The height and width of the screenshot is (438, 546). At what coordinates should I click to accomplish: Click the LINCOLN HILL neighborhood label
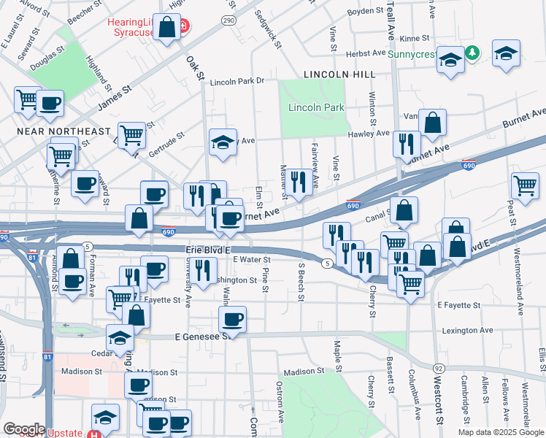pyautogui.click(x=339, y=74)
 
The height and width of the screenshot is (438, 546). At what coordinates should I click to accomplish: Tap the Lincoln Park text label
pyautogui.click(x=316, y=108)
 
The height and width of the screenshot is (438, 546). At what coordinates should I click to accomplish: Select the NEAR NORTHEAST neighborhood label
pyautogui.click(x=55, y=131)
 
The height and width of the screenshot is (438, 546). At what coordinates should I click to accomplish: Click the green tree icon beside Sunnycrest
pyautogui.click(x=473, y=53)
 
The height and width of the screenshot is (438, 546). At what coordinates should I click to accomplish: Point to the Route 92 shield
pyautogui.click(x=439, y=368)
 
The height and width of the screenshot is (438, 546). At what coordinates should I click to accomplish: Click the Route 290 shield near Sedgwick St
pyautogui.click(x=229, y=21)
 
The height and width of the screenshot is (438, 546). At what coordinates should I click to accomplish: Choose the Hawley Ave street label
pyautogui.click(x=369, y=134)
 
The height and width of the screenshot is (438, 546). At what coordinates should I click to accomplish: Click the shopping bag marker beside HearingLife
pyautogui.click(x=167, y=29)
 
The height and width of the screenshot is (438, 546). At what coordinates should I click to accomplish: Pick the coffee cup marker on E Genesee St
pyautogui.click(x=233, y=319)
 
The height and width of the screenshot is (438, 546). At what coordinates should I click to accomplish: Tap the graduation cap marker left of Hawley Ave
pyautogui.click(x=223, y=142)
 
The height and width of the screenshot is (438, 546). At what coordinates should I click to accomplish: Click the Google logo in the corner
pyautogui.click(x=24, y=429)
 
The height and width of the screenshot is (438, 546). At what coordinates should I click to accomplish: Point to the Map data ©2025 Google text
pyautogui.click(x=501, y=432)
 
